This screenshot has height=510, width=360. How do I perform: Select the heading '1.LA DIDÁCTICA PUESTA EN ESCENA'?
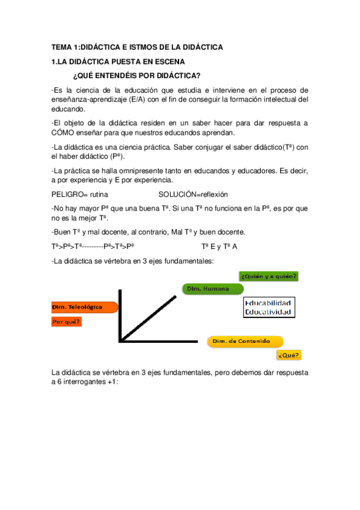pos(118,62)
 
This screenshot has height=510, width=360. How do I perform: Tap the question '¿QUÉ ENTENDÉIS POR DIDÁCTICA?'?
pos(136,76)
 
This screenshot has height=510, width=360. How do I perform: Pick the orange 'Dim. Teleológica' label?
pos(78,307)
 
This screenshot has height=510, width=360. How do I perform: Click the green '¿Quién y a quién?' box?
pos(269,276)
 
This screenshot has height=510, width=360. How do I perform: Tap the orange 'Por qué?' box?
pos(67,322)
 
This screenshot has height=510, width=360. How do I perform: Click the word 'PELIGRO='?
pos(69,194)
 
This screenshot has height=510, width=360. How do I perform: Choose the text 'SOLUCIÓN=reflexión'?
pos(194,194)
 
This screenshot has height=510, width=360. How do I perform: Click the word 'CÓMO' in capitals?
pos(64,133)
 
